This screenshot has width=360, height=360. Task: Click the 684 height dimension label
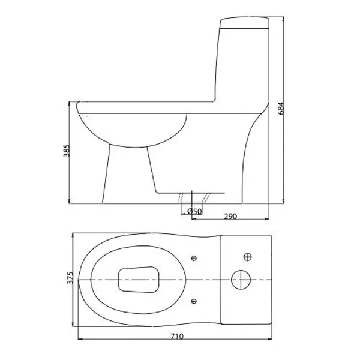click(x=281, y=108)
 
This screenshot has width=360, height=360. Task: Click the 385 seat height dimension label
click(x=66, y=151)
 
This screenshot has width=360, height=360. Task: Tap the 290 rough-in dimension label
click(x=230, y=216)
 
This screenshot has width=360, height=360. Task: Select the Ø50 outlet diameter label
click(x=194, y=211)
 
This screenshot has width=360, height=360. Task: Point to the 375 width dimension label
click(x=70, y=277)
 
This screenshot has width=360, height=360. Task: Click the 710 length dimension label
click(x=177, y=337)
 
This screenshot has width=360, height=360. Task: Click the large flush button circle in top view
click(x=241, y=280)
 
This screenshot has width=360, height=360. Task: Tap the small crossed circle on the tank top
click(x=247, y=257)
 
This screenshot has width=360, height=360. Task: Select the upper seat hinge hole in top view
click(x=194, y=258)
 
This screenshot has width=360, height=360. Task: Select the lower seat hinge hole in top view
click(x=194, y=301)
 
